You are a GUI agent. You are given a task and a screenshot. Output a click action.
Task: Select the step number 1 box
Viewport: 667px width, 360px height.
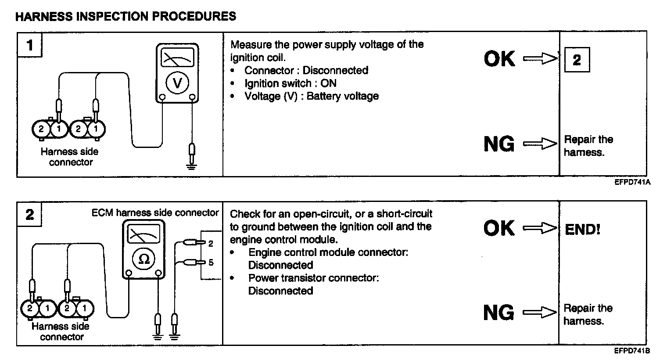point(30,45)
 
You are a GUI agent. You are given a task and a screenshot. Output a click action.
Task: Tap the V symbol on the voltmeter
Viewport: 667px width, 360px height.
point(178,83)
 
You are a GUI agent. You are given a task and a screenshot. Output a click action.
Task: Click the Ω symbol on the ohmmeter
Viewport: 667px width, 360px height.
point(143,259)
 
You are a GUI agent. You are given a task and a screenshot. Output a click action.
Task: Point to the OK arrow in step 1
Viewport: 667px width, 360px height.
point(540,58)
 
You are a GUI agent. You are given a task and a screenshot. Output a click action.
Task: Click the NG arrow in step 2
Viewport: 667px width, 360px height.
point(540,313)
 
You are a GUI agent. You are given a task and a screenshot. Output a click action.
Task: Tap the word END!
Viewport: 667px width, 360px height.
point(582,229)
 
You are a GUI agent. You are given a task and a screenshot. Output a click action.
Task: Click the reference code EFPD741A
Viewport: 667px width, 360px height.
point(632,182)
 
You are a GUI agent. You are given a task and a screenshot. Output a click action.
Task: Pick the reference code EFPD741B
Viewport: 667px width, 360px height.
point(632,351)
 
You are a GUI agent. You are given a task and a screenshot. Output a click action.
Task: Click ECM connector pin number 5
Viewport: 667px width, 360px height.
point(211,263)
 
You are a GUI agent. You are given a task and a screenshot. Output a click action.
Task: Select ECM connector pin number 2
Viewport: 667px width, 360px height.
point(211,243)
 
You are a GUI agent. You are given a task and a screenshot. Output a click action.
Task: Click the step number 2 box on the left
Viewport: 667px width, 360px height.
point(30,215)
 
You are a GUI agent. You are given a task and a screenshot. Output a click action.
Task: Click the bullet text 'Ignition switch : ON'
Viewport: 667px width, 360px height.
point(290,83)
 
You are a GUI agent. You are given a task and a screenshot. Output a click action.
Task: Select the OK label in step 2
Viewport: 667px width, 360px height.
point(498,228)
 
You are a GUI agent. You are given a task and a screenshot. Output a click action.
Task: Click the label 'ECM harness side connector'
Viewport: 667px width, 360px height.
point(155,213)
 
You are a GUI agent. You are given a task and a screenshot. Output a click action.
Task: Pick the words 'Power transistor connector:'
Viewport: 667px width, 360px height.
point(313,278)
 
